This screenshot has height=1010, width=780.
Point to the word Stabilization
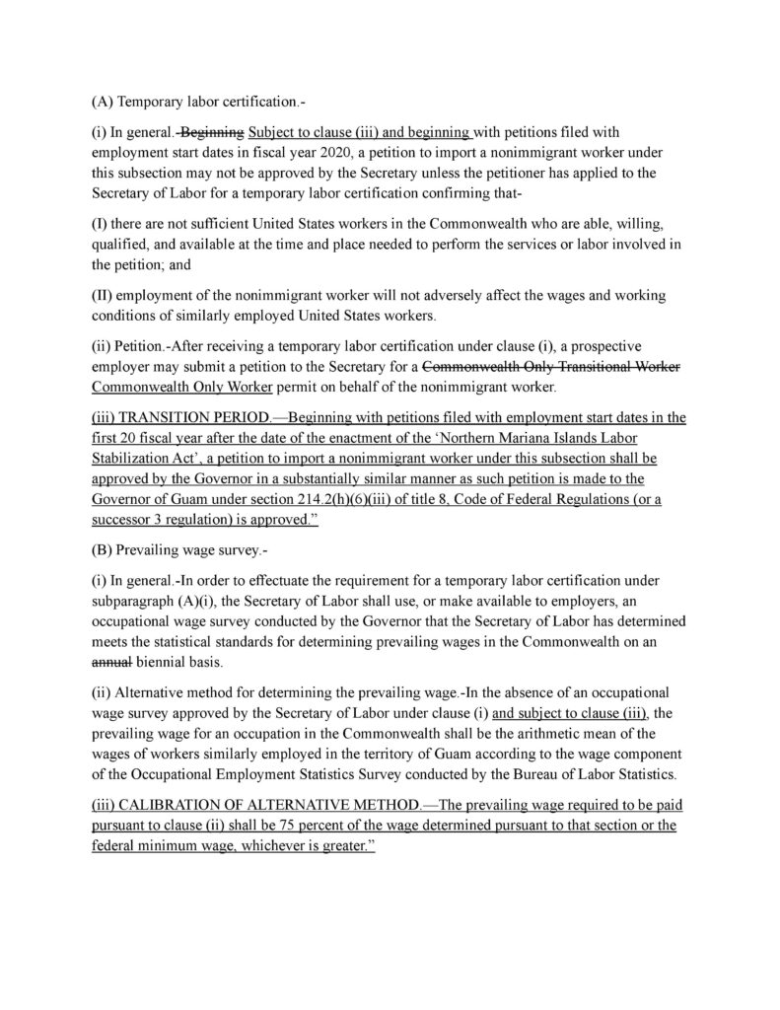(x=139, y=460)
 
